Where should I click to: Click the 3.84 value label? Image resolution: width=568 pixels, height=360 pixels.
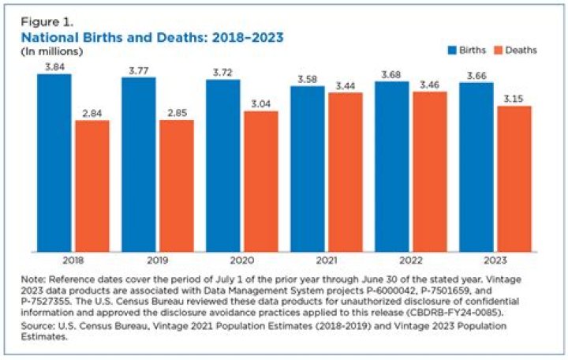(x=54, y=67)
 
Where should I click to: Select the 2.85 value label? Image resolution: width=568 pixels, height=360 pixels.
(x=176, y=114)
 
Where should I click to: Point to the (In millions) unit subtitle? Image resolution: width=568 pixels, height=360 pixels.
(x=50, y=51)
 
